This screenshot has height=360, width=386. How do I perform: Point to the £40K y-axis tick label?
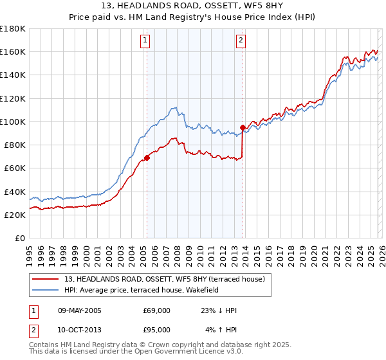[14, 192]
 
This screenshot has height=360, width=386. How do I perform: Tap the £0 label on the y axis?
[20, 239]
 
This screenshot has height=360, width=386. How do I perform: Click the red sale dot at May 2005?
[147, 157]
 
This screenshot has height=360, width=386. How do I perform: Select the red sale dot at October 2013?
[243, 127]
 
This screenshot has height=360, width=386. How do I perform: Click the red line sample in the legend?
[47, 278]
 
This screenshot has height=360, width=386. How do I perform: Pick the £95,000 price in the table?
[157, 329]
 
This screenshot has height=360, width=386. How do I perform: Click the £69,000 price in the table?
[157, 310]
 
